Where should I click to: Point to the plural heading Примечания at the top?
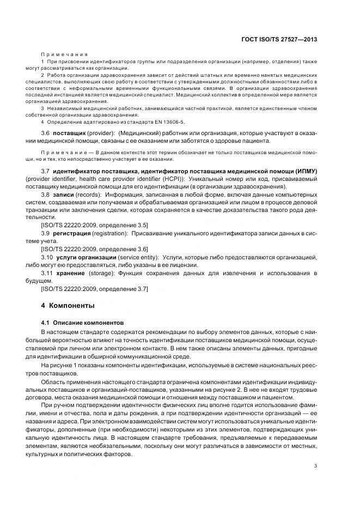point(64,55)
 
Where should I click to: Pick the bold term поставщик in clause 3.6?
point(70,133)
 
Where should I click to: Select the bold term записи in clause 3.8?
point(65,194)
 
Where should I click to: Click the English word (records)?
point(90,194)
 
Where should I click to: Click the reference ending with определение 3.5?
point(94,224)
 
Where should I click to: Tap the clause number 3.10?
point(47,257)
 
